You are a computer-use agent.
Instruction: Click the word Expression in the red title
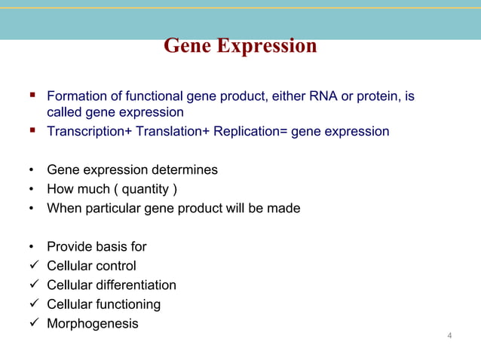[x=267, y=46]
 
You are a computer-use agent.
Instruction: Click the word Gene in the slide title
[x=188, y=45]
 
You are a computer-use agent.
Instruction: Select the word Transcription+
[x=89, y=132]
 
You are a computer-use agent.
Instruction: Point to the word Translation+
[x=173, y=131]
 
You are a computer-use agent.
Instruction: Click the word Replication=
[x=250, y=132]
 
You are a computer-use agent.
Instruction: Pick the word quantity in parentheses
[x=146, y=189]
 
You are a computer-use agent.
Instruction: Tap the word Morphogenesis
[x=93, y=324]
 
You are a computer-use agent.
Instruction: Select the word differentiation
[x=136, y=285]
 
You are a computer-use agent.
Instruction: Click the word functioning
[x=128, y=305]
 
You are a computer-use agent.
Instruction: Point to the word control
[x=116, y=266]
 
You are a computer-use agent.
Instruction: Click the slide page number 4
[x=449, y=335]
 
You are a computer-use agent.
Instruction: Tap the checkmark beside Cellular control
[x=35, y=264]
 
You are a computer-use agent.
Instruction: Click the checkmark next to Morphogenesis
[x=35, y=322]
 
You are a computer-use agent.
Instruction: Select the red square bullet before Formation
[x=32, y=95]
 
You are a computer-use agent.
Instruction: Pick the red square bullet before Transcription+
[x=32, y=130]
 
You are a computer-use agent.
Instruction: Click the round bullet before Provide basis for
[x=32, y=246]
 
